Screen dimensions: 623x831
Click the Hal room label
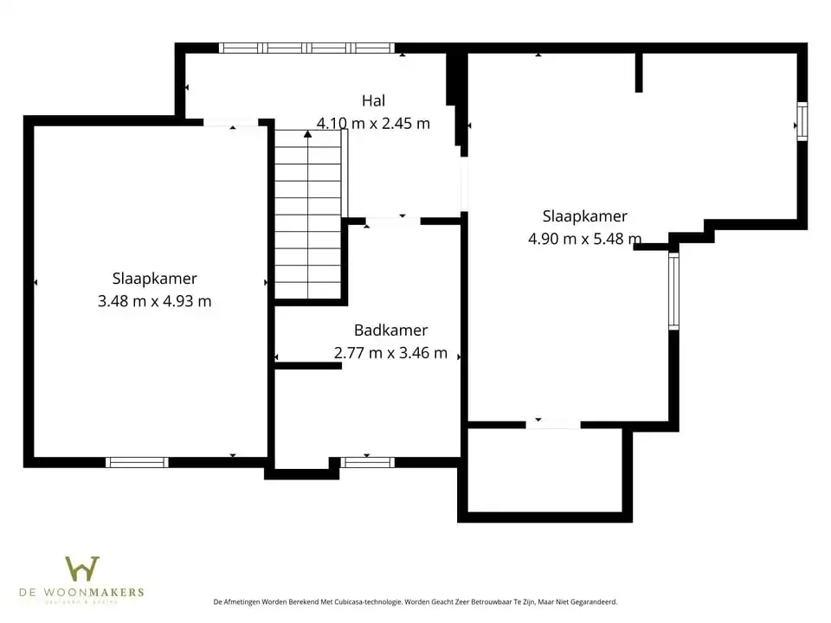[x=373, y=101]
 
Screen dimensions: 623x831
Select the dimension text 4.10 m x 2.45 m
[x=373, y=123]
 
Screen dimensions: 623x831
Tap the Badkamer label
[x=390, y=331]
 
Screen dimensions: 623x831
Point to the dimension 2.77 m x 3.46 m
[x=390, y=353]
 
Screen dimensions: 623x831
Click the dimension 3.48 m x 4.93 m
[x=154, y=301]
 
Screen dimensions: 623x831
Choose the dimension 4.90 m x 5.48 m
[x=584, y=239]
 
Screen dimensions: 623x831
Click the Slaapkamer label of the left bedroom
[x=154, y=279]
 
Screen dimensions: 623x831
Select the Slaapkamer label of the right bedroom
[x=584, y=216]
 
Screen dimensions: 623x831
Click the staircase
[x=307, y=216]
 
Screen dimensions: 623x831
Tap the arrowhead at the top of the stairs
[x=307, y=133]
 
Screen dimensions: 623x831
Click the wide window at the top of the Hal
[x=306, y=48]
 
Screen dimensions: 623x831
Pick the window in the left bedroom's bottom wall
[x=137, y=462]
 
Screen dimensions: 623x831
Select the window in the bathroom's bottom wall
[x=367, y=462]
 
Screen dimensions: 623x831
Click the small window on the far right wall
[x=802, y=121]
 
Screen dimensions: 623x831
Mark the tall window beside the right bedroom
[x=673, y=291]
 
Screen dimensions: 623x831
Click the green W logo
[x=82, y=569]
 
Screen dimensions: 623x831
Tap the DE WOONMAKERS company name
[x=81, y=593]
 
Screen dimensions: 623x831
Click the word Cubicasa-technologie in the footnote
[x=364, y=601]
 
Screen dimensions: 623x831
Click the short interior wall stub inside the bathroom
[x=308, y=366]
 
